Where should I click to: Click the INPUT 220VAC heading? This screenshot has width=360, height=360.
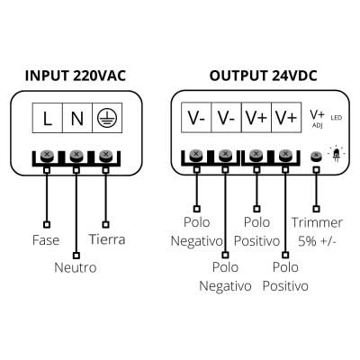[76, 76]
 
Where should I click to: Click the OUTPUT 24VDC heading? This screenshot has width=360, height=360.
[263, 76]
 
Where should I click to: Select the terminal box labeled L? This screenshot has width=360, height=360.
[47, 118]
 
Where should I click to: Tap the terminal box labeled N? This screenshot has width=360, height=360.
[77, 118]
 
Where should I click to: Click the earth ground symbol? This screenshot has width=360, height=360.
[106, 118]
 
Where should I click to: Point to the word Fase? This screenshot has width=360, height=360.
[46, 240]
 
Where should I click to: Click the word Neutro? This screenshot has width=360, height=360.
[76, 267]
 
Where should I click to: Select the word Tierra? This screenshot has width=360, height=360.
[107, 239]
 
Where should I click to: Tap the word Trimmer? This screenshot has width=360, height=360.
[317, 222]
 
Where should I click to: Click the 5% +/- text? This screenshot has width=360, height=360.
[317, 241]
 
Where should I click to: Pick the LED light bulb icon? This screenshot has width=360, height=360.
[337, 154]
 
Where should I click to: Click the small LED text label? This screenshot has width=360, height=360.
[337, 118]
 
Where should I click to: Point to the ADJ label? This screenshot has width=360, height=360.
[318, 126]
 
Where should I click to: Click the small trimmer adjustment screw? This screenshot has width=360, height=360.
[316, 156]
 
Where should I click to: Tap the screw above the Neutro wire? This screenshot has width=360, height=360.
[76, 156]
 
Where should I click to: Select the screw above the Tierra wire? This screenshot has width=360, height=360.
[105, 156]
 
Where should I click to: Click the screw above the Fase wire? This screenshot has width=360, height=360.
[47, 156]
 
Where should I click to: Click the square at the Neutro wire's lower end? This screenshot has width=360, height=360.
[76, 256]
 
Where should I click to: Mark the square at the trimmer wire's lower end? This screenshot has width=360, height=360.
[316, 209]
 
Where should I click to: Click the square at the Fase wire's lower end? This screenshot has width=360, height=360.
[47, 224]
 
